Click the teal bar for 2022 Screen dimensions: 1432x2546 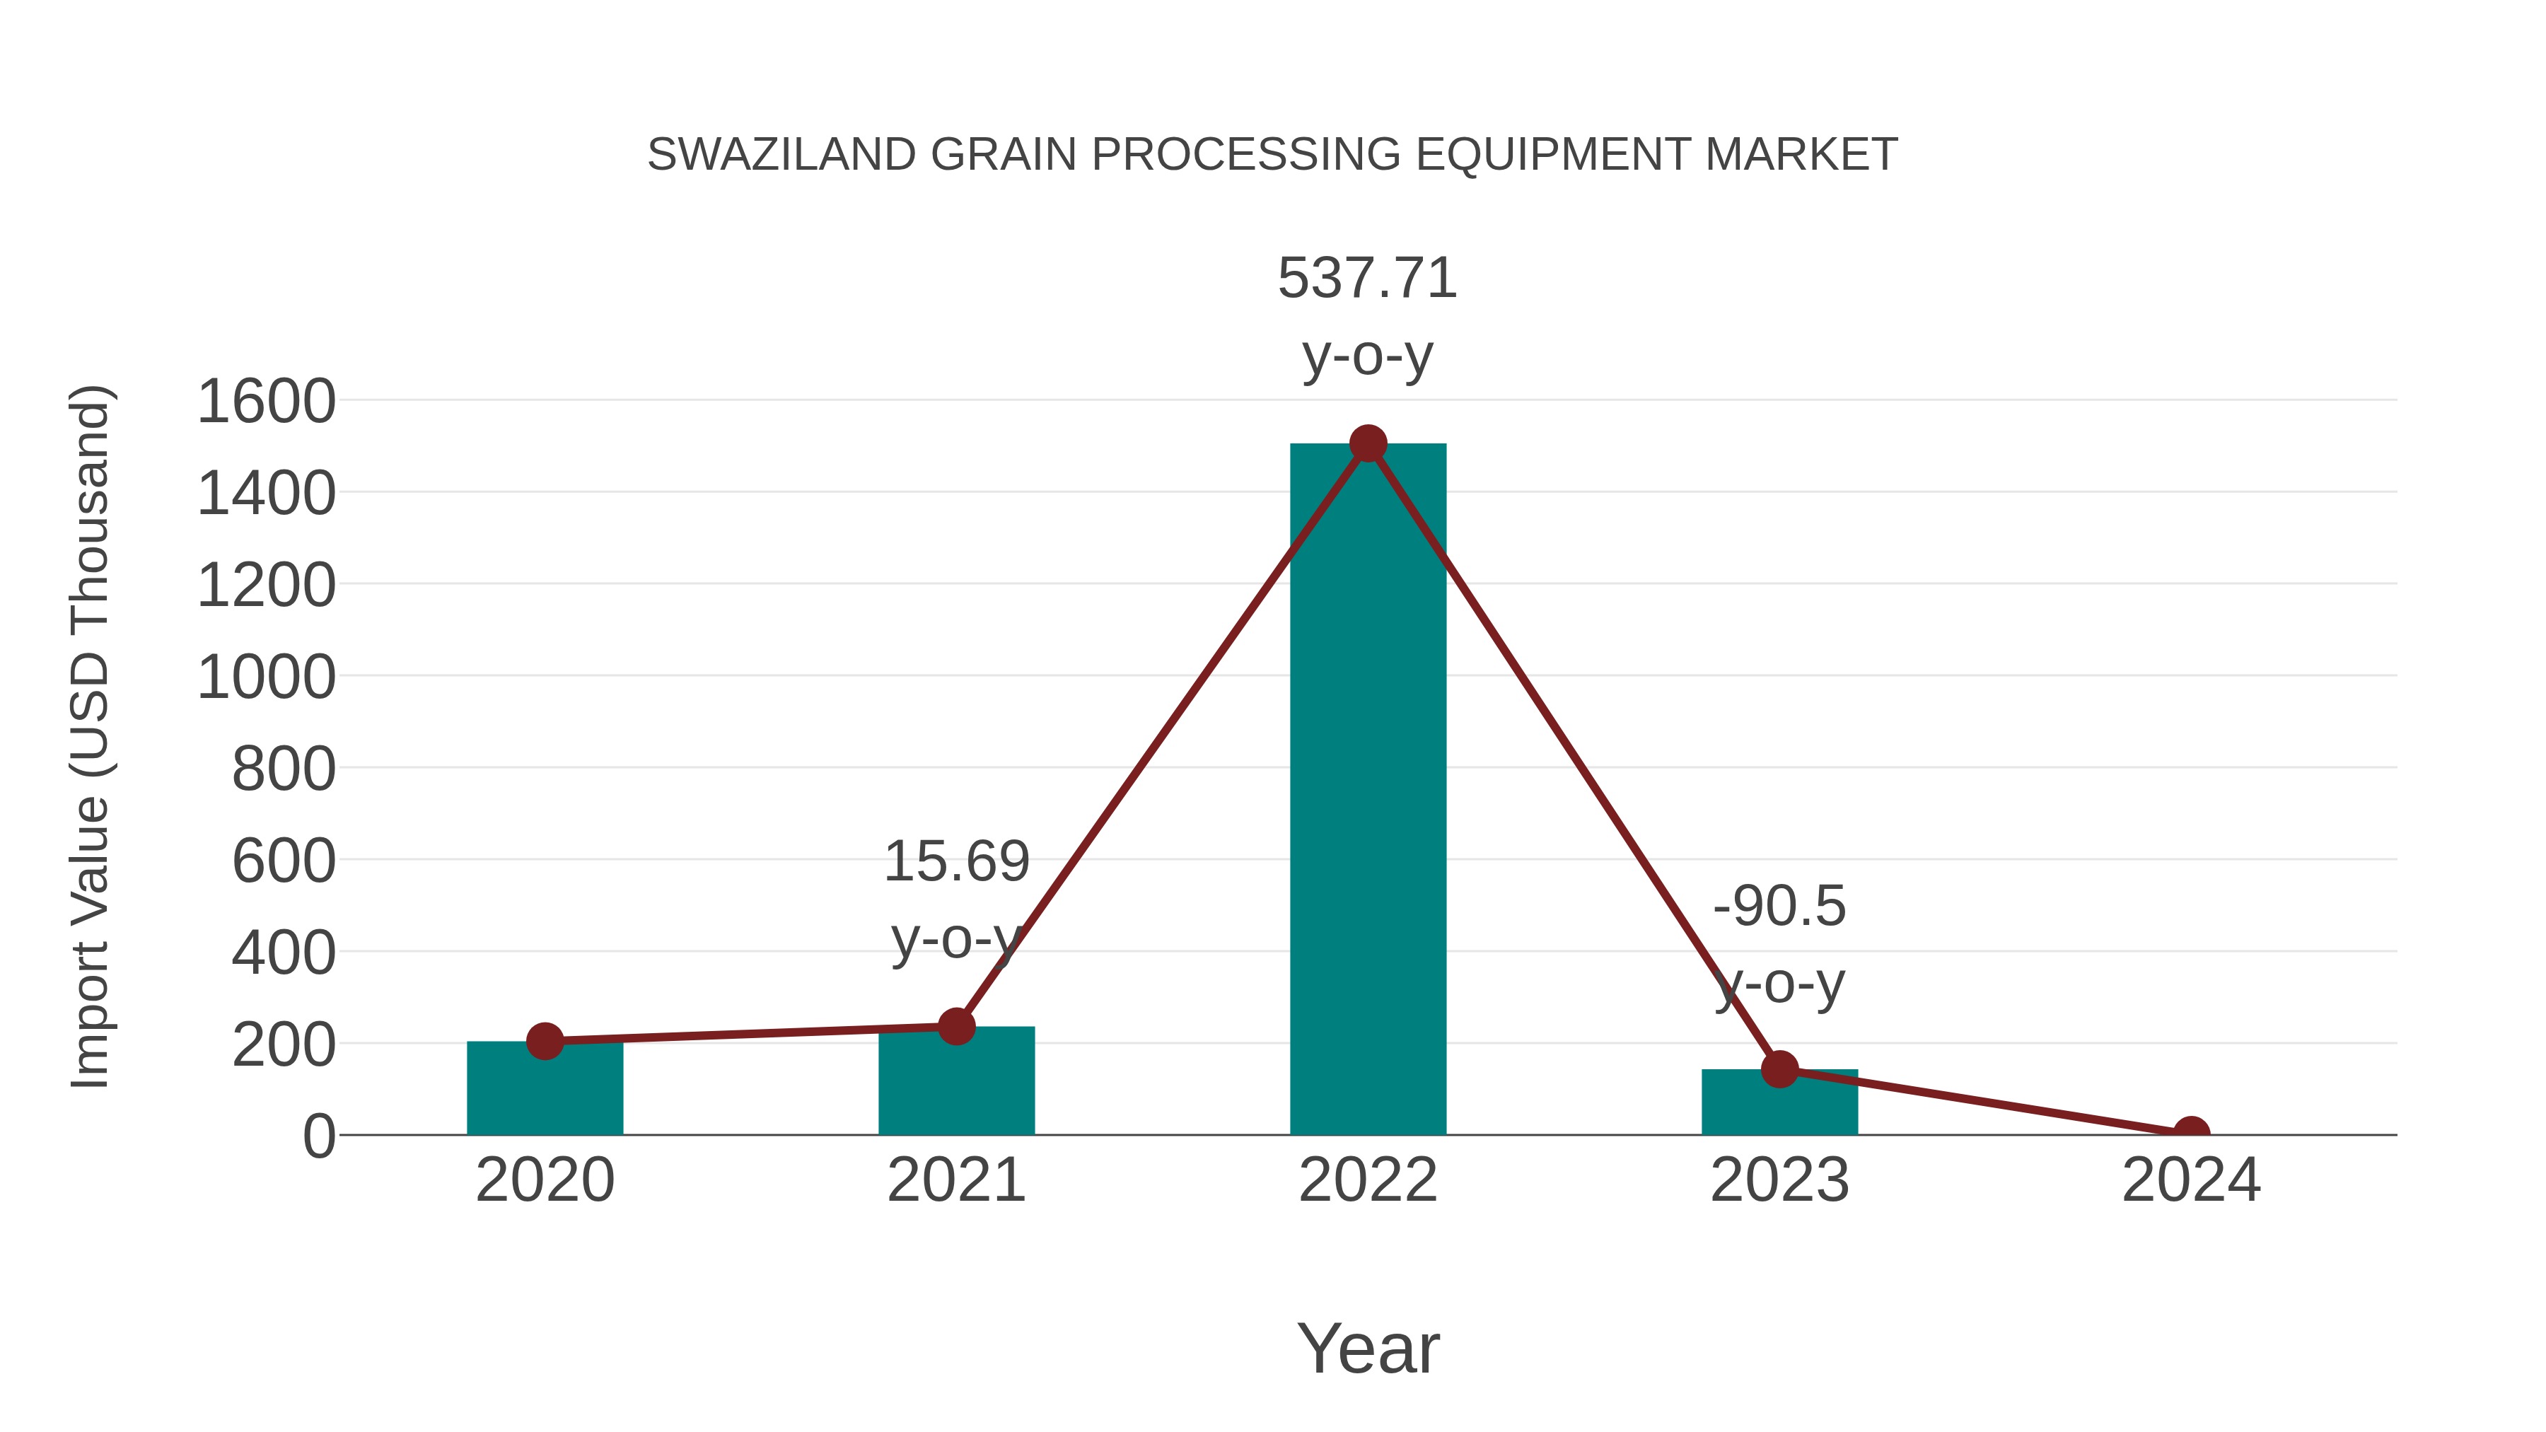click(1368, 791)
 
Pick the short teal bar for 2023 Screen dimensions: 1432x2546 click(1779, 1104)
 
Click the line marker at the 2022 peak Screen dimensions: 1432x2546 click(1368, 443)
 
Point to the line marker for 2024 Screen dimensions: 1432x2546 click(2190, 1133)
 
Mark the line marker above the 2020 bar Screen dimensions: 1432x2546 click(545, 1041)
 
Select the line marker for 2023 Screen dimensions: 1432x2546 click(1779, 1069)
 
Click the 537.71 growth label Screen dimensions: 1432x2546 click(1368, 278)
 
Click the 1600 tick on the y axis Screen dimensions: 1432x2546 click(266, 402)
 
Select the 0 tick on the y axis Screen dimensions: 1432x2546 click(318, 1136)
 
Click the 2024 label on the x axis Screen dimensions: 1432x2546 click(2190, 1180)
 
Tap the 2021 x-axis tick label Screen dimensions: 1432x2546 click(955, 1180)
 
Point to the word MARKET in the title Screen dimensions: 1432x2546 click(1801, 155)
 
